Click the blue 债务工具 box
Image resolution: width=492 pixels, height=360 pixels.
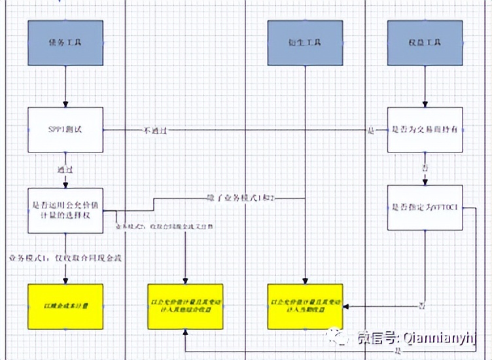pyautogui.click(x=65, y=43)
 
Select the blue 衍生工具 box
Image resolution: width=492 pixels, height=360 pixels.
pyautogui.click(x=306, y=43)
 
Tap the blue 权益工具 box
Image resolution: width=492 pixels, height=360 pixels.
pyautogui.click(x=425, y=43)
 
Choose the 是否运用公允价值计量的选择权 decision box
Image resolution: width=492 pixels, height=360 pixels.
pyautogui.click(x=65, y=210)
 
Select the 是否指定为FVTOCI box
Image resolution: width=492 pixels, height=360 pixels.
pyautogui.click(x=425, y=207)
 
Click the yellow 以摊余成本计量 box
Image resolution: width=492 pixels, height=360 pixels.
pyautogui.click(x=65, y=306)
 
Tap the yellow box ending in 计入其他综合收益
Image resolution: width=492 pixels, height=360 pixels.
pyautogui.click(x=185, y=306)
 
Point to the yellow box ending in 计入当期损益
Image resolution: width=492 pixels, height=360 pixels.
pyautogui.click(x=306, y=306)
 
